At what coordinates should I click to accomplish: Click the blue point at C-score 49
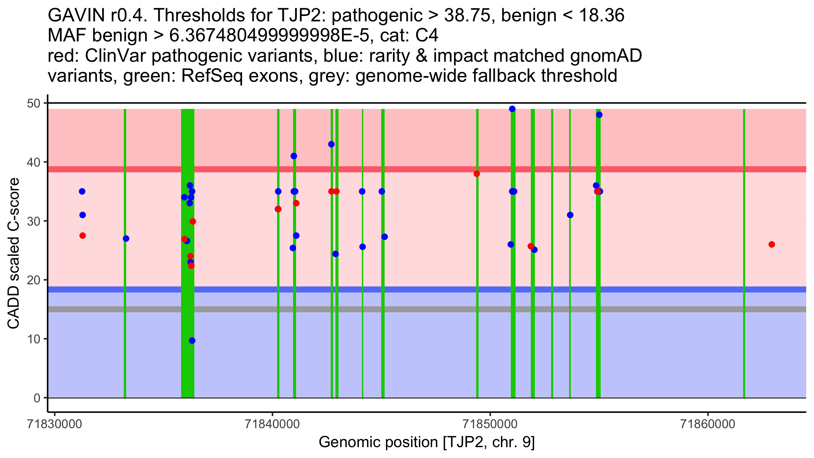[512, 109]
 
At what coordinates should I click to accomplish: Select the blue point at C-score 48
[599, 115]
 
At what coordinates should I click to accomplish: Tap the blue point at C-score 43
[331, 144]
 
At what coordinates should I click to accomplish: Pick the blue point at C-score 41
[294, 156]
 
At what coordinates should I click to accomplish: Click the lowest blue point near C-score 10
[192, 341]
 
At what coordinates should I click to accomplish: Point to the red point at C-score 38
[477, 174]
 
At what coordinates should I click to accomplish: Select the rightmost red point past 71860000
[772, 244]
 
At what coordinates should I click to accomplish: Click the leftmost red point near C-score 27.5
[82, 235]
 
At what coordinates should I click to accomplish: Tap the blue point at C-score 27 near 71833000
[126, 238]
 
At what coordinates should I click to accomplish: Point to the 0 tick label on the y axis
[37, 398]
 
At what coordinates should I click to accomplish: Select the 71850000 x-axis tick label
[490, 424]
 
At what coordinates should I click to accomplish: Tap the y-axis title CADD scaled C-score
[14, 254]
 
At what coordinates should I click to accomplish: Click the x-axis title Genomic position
[427, 442]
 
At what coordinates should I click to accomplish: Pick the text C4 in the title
[427, 35]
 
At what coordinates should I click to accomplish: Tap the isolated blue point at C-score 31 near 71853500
[570, 215]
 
